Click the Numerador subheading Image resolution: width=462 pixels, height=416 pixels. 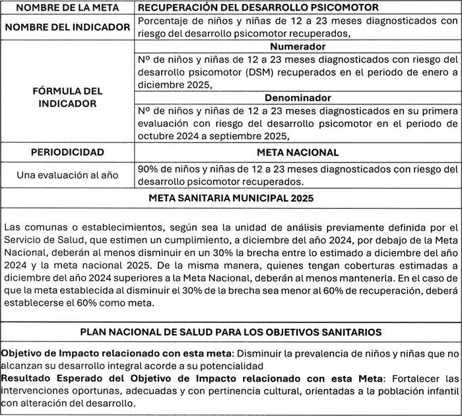297,47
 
